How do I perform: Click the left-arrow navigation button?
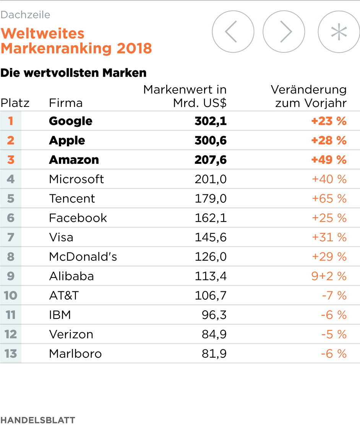233,32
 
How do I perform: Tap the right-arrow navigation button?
284,32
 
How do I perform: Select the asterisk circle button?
339,32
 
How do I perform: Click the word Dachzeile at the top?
25,15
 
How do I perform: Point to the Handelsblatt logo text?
37,420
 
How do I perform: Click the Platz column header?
15,103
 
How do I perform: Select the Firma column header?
66,103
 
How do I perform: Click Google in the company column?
71,121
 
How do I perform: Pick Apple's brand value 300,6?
211,141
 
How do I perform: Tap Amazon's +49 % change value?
329,160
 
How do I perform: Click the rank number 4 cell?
11,179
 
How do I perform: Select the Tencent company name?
72,199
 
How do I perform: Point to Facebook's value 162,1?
211,218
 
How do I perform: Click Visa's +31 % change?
329,238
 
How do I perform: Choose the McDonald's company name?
83,257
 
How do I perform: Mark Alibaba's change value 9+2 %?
329,276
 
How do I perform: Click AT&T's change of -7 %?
334,296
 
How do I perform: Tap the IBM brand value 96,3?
214,315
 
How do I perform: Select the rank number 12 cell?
11,334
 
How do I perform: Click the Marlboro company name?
75,354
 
